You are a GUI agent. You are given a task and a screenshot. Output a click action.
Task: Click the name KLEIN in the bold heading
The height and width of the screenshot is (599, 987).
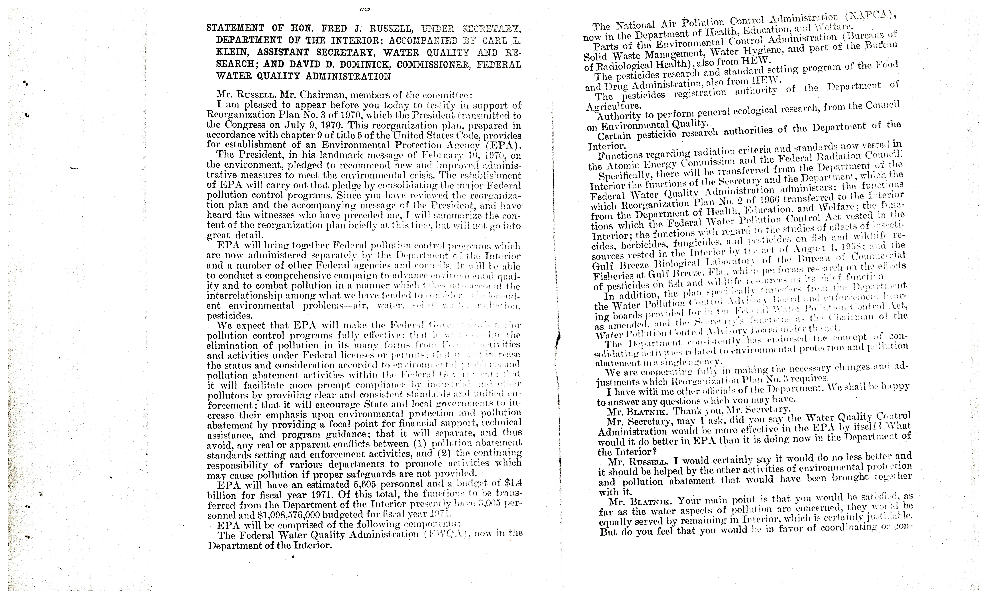point(231,53)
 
